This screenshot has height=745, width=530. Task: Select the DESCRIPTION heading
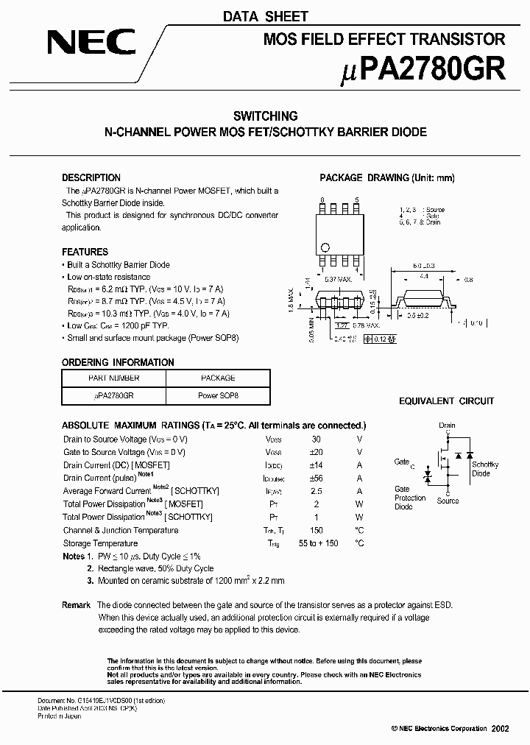pos(91,177)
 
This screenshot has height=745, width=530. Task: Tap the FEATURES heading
pos(85,252)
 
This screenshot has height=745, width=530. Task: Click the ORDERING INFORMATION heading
pos(118,362)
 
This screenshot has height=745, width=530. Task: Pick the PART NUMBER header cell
pos(114,378)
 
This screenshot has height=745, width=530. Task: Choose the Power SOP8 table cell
pos(218,395)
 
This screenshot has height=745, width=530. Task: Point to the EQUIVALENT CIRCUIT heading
pos(446,401)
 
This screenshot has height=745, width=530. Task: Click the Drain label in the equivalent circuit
pos(447,426)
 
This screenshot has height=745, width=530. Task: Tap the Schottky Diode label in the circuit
pos(485,469)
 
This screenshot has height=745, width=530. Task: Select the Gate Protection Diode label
pos(409,498)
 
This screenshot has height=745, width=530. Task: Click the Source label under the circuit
pos(448,501)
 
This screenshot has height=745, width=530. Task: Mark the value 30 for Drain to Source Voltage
pos(317,439)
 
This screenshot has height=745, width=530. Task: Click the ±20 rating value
pos(317,452)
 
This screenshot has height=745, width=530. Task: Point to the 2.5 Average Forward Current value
pos(317,491)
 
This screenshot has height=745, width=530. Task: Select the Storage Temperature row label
pos(100,543)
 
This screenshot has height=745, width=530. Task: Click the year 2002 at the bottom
pos(499,728)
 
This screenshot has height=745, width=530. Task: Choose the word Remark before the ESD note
pos(76,604)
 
